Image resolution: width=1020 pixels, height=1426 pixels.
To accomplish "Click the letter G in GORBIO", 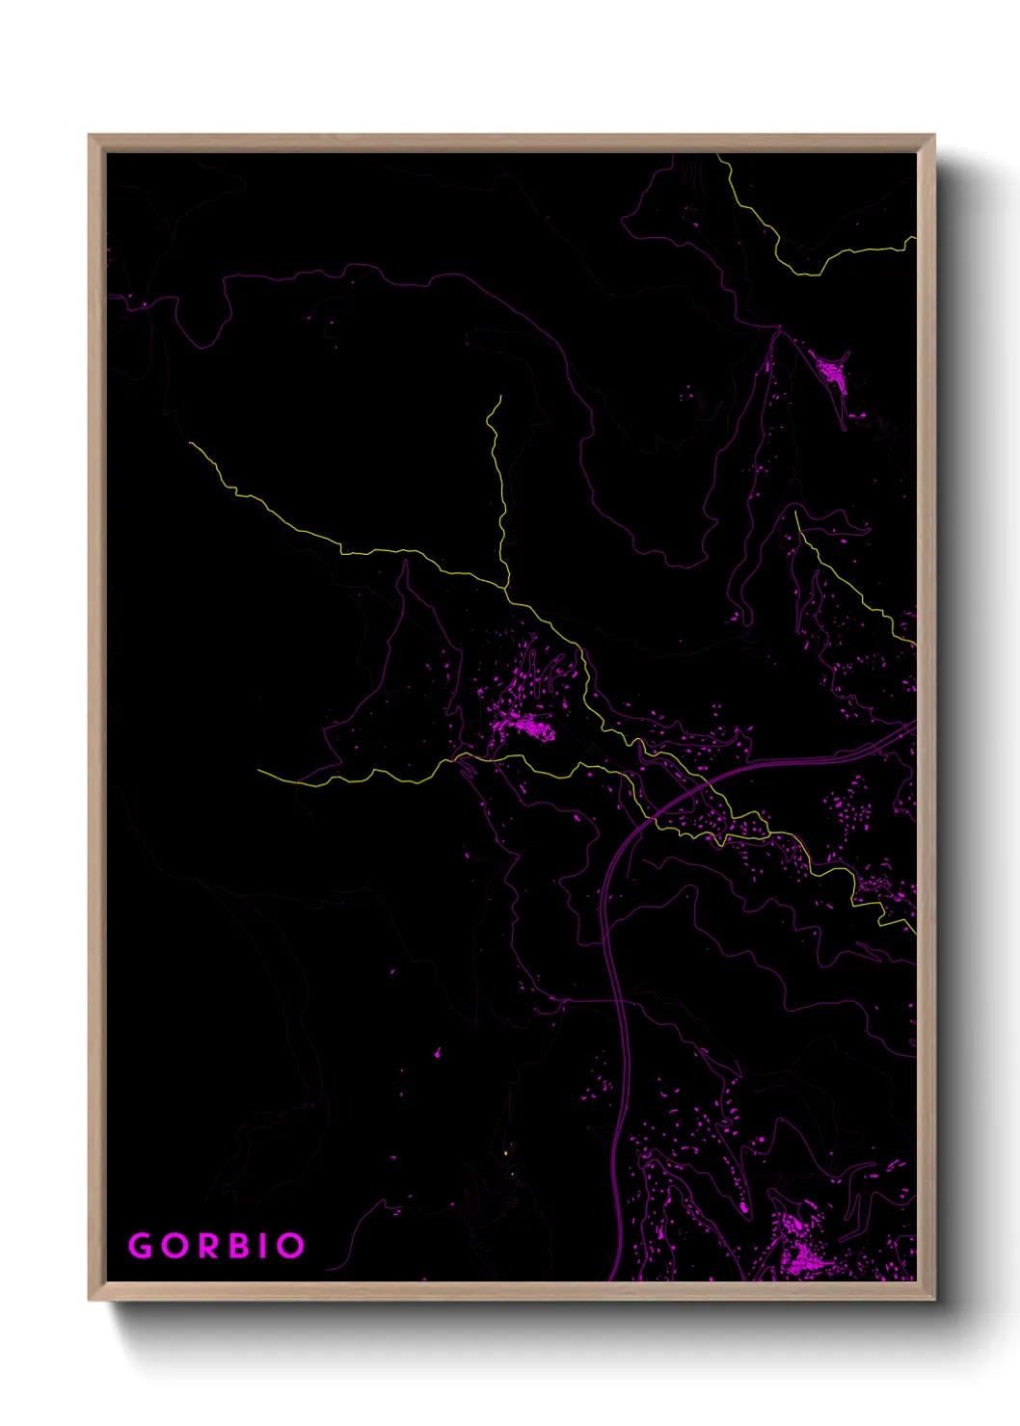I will click(141, 1246).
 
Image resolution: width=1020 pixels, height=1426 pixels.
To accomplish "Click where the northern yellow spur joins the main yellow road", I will click(504, 585).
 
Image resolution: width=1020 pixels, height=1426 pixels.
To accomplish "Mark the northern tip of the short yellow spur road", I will click(500, 395).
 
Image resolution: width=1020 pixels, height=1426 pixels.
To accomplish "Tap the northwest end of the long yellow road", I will click(191, 443).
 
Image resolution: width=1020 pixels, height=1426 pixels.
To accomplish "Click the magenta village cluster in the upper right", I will click(831, 370).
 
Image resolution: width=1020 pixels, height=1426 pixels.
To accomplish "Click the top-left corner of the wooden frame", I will click(90, 136).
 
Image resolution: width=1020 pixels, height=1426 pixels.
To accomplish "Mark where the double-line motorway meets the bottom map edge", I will click(613, 1280).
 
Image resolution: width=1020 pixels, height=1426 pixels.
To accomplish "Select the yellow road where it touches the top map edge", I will click(717, 155).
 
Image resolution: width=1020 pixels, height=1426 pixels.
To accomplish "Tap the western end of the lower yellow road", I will click(258, 770).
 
